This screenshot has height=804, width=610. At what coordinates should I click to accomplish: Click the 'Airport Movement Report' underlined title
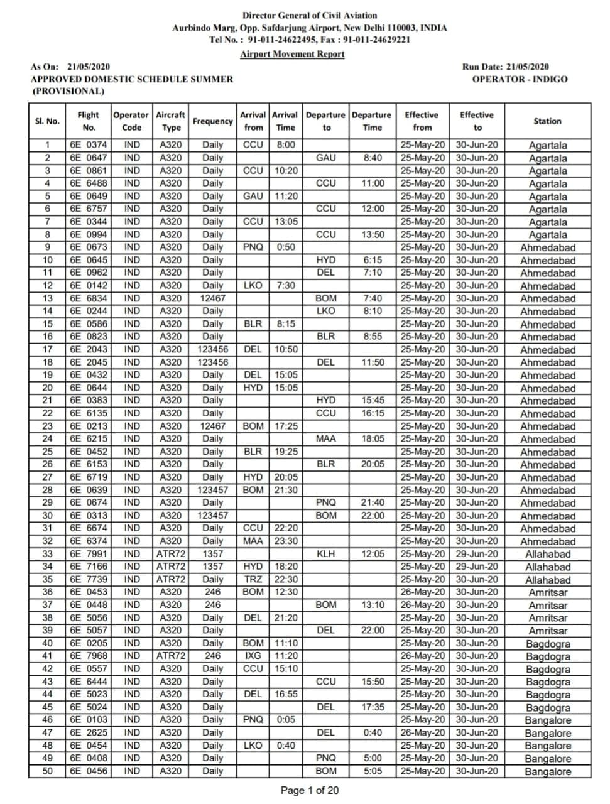292,54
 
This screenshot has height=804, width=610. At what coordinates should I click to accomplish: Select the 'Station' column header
547,121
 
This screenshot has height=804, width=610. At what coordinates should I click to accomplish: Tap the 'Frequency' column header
212,121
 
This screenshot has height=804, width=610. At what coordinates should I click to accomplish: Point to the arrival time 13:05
286,222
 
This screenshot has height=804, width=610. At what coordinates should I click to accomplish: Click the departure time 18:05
373,439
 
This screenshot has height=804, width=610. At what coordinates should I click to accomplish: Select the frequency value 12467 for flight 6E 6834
212,298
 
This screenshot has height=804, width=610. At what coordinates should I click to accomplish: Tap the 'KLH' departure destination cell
326,554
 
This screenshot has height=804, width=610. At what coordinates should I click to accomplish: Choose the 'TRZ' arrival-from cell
253,580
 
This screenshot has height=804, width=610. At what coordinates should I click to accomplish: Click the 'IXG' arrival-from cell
253,656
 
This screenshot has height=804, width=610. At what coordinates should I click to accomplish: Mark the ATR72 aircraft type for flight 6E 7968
171,656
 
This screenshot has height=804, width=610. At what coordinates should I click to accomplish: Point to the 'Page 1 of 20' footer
309,790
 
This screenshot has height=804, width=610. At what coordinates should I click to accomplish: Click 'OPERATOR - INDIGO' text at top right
520,79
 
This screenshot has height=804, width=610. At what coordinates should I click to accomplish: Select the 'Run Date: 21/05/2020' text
505,67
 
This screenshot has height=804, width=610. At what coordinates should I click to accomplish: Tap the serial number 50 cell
48,771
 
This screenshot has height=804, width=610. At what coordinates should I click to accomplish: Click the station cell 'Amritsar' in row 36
547,592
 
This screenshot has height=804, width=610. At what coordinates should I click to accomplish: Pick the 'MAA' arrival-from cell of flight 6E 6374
253,541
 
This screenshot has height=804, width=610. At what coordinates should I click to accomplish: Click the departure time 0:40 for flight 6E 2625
373,732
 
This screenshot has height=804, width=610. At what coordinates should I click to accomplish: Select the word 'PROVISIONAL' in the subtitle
68,91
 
